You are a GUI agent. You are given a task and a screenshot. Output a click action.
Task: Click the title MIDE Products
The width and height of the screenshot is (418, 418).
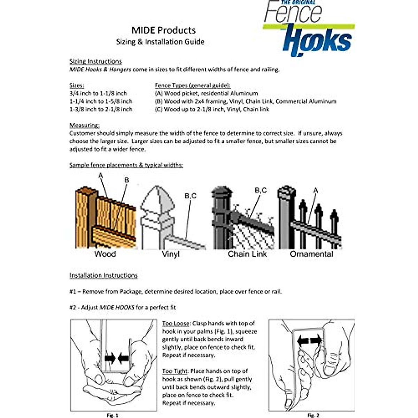click(x=163, y=30)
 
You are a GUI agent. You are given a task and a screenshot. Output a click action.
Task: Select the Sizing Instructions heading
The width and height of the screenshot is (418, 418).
click(x=95, y=61)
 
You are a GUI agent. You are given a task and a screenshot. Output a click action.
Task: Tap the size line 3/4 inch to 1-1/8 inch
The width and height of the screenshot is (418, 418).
click(x=98, y=93)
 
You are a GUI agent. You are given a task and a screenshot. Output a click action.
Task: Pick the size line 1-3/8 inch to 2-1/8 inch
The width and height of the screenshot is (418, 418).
click(x=101, y=109)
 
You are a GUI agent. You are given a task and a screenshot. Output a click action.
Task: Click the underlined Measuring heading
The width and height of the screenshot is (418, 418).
click(x=84, y=125)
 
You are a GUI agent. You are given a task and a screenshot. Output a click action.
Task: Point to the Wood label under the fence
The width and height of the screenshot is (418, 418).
click(x=105, y=254)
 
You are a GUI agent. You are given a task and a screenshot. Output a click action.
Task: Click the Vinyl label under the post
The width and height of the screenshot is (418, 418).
click(x=171, y=254)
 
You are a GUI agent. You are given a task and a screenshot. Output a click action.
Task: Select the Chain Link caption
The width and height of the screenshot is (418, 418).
click(x=247, y=254)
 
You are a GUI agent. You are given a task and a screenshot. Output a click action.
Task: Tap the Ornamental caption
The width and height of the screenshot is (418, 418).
click(x=311, y=254)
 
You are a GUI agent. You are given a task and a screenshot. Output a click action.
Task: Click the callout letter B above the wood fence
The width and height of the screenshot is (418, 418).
click(x=126, y=180)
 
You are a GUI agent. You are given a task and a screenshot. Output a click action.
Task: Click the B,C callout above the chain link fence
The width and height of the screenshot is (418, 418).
click(x=261, y=190)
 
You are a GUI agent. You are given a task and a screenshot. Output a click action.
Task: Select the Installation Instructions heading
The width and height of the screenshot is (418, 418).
click(x=103, y=276)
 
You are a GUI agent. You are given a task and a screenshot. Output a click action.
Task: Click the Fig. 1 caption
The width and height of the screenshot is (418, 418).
click(x=112, y=415)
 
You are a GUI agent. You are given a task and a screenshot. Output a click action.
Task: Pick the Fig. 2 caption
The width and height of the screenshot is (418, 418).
click(x=313, y=415)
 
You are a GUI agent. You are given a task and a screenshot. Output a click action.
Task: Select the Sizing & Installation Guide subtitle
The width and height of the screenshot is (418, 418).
click(x=160, y=42)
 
